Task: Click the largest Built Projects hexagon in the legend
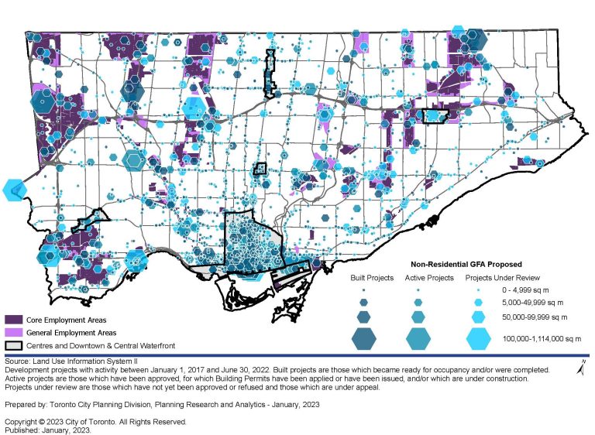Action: point(363,338)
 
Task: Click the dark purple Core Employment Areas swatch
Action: point(13,319)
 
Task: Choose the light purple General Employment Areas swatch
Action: point(13,332)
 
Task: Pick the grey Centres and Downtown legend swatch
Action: point(13,345)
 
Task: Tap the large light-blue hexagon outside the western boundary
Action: point(13,190)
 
